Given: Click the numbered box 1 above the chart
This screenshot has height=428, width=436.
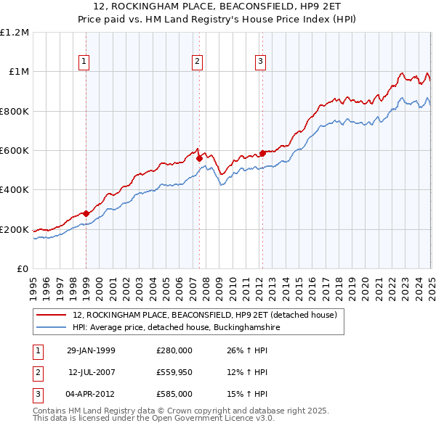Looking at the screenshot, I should [x=85, y=62].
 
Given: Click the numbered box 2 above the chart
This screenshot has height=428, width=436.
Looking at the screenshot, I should [x=197, y=62].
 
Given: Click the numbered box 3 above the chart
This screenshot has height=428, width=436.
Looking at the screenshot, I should [x=260, y=62].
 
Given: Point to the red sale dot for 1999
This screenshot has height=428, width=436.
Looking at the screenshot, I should [x=86, y=213].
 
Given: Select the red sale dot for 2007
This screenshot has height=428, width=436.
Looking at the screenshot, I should [x=198, y=158].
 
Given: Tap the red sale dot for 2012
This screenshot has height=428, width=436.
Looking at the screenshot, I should [x=262, y=153].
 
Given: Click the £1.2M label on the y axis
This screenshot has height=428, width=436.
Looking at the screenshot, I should [x=15, y=33].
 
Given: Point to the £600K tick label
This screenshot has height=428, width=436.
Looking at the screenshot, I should [x=15, y=151].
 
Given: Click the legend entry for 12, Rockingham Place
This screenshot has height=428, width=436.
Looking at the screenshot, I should [x=205, y=316].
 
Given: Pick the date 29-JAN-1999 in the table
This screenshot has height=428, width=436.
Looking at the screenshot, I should [x=91, y=350].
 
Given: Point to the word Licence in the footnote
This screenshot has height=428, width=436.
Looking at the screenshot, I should [x=223, y=419].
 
